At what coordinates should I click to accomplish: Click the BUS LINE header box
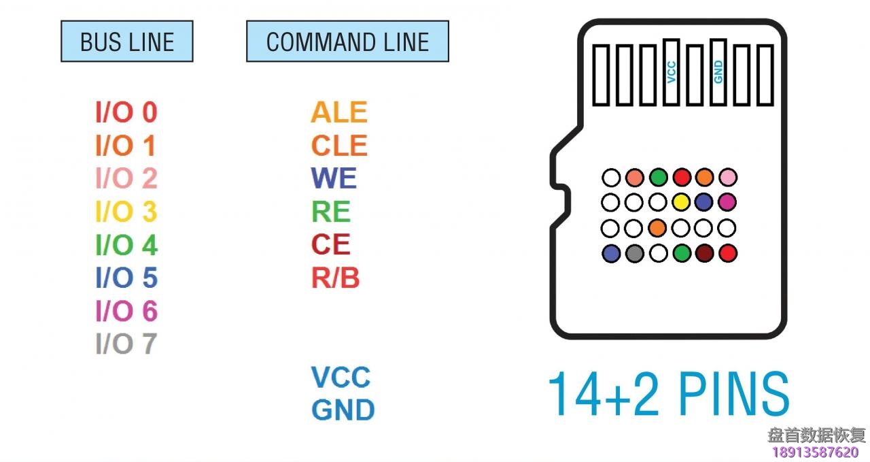[x=127, y=42]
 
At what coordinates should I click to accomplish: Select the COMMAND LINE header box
[x=347, y=42]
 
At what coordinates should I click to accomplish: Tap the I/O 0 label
[x=126, y=112]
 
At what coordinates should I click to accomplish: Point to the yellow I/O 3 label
[x=126, y=212]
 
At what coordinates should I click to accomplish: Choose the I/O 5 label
[x=126, y=278]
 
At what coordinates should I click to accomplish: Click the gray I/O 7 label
[x=126, y=344]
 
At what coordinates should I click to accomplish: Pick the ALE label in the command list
[x=339, y=112]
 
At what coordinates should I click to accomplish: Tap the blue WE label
[x=334, y=178]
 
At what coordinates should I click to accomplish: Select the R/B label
[x=335, y=278]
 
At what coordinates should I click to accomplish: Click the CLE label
[x=339, y=146]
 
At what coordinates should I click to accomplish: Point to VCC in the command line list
[x=341, y=377]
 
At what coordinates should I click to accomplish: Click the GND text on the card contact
[x=718, y=71]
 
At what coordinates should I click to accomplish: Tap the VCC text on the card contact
[x=672, y=71]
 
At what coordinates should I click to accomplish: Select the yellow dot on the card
[x=681, y=202]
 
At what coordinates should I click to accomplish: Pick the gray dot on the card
[x=634, y=254]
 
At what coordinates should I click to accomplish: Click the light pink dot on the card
[x=727, y=178]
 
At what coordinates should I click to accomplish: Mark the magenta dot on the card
[x=727, y=202]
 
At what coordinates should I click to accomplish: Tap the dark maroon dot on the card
[x=704, y=254]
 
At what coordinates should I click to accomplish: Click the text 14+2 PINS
[x=669, y=394]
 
